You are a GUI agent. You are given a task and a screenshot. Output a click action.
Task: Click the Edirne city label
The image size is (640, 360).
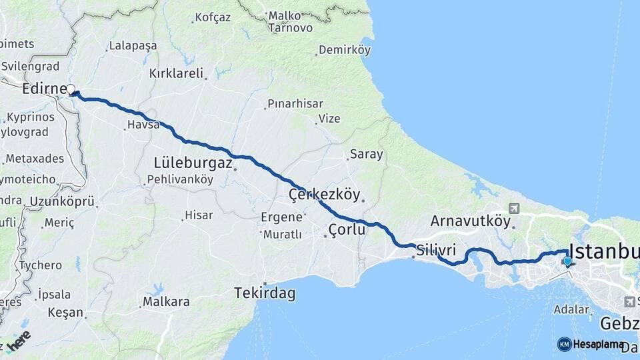43,89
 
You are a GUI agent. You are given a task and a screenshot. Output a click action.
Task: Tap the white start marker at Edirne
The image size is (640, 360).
71,89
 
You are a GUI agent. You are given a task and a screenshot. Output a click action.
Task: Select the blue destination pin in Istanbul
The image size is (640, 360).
567,261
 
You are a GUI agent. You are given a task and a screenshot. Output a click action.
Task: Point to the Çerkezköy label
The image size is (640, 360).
324,195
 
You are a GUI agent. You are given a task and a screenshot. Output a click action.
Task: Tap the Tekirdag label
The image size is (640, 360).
265,292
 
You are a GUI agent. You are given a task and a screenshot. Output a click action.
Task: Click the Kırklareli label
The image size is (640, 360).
176,73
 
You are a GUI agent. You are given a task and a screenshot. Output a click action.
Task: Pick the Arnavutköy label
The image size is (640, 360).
470,221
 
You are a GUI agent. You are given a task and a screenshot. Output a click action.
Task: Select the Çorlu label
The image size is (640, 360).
347,230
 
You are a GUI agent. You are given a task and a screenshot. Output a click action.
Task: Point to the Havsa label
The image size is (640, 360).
142,125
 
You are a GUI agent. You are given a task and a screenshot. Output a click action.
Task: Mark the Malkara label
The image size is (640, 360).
165,302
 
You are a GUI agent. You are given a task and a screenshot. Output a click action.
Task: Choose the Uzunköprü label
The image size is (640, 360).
61,201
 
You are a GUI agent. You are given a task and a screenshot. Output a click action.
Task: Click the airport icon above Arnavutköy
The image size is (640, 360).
513,207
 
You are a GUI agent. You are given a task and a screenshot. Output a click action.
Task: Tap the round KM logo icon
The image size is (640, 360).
564,344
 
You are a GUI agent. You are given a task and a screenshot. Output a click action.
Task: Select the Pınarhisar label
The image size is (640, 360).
295,104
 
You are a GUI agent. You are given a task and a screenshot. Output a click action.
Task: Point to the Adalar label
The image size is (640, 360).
571,309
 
